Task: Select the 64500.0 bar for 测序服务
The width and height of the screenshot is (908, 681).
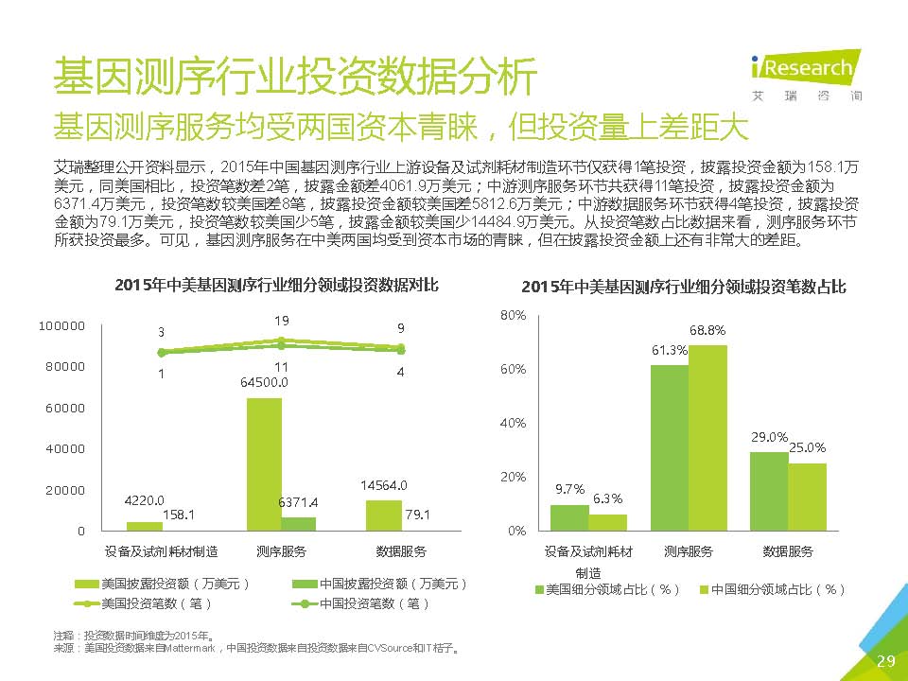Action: pos(264,463)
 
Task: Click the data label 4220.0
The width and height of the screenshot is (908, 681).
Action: pos(145,500)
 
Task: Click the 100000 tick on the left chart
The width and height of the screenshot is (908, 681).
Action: pos(61,325)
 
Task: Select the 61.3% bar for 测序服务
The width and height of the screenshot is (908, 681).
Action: pos(670,447)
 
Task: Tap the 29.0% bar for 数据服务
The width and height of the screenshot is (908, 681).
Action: pos(769,491)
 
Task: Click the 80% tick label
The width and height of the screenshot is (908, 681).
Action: pos(514,314)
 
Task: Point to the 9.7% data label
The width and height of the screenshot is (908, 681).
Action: pos(569,489)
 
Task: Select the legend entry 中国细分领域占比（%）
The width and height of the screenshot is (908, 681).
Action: pos(771,589)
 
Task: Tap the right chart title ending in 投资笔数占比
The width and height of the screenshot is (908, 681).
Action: pos(683,286)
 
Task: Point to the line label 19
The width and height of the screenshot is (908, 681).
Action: pos(282,321)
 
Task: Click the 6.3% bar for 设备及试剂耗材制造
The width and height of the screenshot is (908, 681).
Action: pos(607,522)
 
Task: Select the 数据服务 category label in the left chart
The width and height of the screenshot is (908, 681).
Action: pos(401,551)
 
